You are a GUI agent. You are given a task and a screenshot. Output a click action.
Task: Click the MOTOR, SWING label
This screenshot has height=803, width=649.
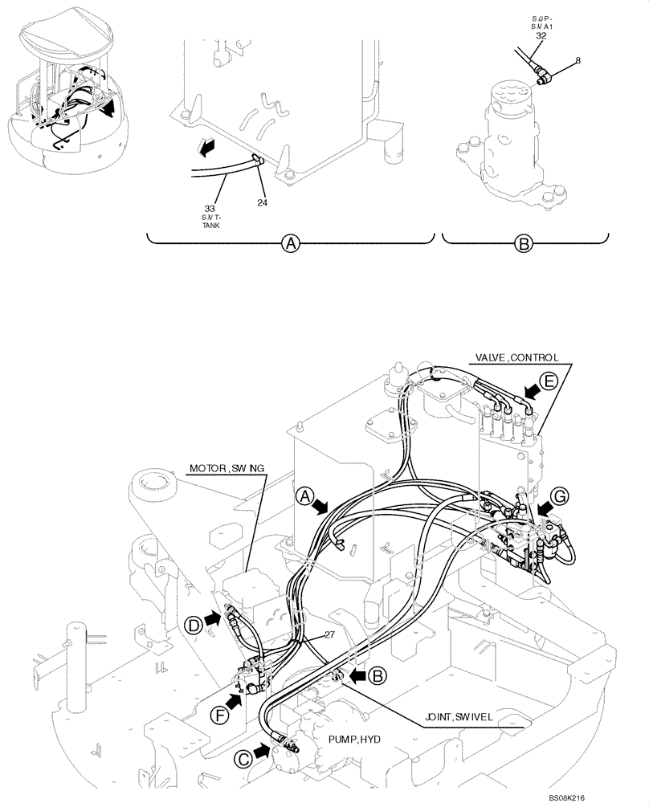point(227,467)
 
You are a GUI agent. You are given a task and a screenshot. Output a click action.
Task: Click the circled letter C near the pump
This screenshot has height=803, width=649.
point(240,757)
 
